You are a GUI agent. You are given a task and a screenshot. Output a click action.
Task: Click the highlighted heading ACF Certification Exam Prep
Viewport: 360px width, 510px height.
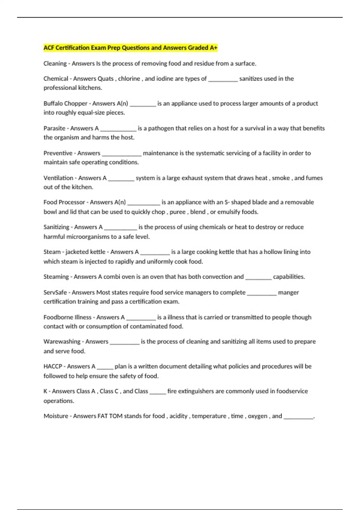130,48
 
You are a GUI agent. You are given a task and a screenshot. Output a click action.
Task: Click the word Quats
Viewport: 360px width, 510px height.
106,79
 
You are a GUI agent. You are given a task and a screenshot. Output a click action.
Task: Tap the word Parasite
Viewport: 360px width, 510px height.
54,128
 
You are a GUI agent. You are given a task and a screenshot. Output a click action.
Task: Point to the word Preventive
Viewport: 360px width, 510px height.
58,153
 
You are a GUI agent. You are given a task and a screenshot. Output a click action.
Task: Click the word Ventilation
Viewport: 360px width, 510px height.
58,178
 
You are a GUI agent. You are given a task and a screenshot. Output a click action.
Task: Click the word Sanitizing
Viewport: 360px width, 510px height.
56,227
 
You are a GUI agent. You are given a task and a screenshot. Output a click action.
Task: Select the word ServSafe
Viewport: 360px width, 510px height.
55,292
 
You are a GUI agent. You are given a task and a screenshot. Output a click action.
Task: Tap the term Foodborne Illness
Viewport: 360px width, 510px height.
67,317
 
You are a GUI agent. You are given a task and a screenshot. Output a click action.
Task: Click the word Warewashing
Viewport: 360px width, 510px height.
62,341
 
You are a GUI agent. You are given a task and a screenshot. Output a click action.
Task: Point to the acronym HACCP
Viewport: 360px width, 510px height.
52,366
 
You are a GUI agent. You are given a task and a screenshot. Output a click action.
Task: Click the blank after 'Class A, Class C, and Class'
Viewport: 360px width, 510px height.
157,392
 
